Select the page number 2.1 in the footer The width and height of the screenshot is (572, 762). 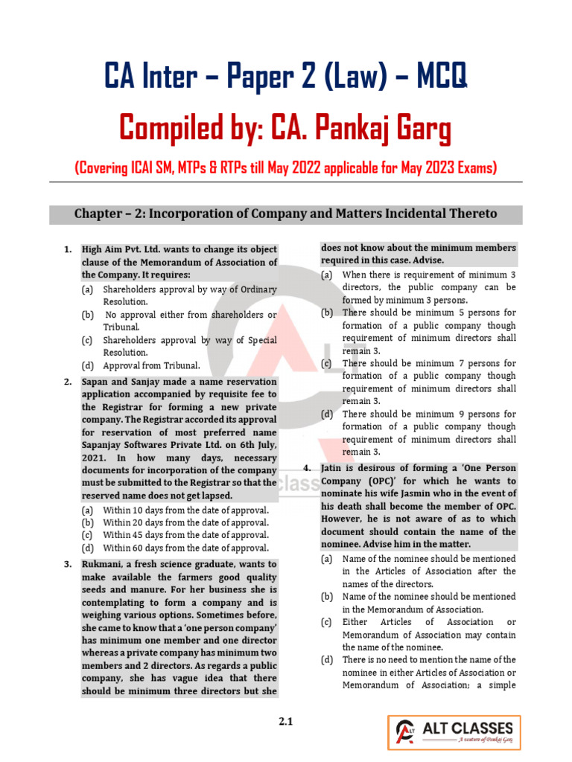point(286,721)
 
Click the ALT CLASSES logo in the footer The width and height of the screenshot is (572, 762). point(454,732)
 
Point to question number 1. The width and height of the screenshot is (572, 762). point(68,249)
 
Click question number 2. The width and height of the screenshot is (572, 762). point(68,382)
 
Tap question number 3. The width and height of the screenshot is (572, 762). point(68,564)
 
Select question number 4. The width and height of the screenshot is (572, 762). point(306,468)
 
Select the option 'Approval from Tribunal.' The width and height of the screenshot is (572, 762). point(151,365)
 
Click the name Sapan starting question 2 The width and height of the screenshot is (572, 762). point(96,382)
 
